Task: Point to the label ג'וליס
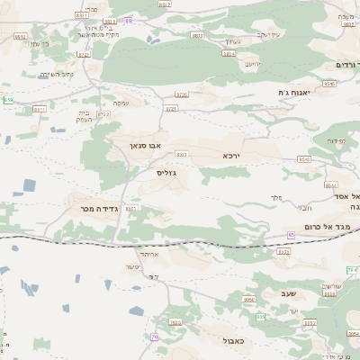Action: [x=166, y=172]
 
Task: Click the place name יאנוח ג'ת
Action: [x=293, y=92]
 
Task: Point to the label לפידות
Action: [x=335, y=140]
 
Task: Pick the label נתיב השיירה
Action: [x=56, y=75]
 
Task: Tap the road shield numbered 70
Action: [x=155, y=337]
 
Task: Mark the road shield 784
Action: [x=352, y=269]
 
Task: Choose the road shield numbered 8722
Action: [x=104, y=114]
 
